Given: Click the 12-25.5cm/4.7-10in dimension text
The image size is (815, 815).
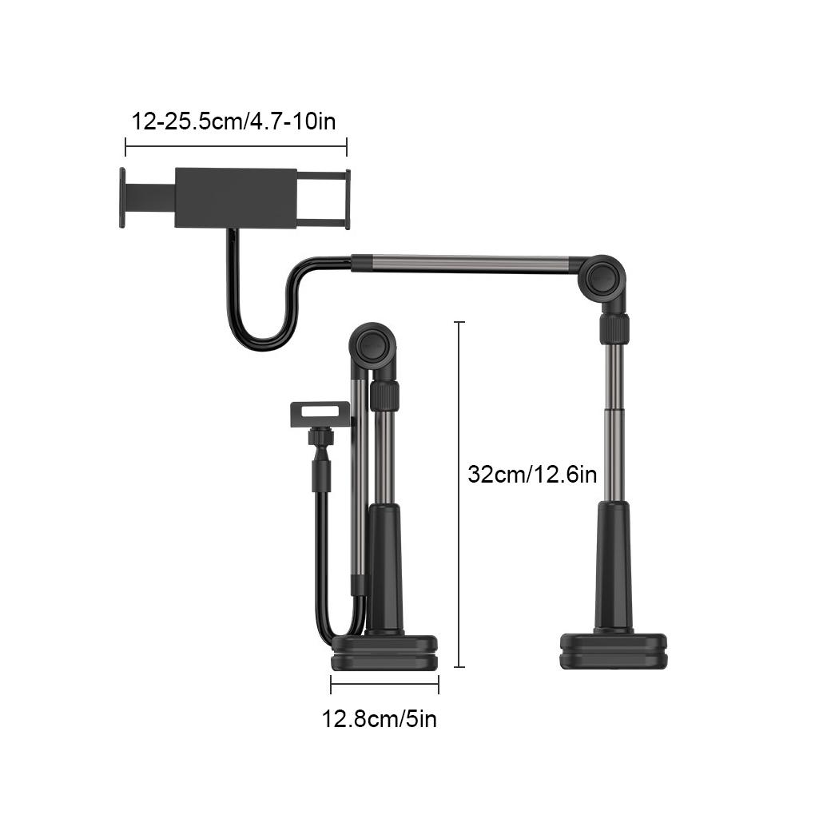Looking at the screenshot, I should pos(233,122).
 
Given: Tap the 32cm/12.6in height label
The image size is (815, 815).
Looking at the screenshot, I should pos(532,474).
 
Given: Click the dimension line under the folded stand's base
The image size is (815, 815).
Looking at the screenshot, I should pos(384,683).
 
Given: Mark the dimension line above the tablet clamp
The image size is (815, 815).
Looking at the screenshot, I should pos(236,146).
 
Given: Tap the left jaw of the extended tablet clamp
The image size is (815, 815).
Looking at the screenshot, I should pos(123,197).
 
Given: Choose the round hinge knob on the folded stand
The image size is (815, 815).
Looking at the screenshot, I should pos(373,346).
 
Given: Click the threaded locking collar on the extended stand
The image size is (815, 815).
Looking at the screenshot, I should pos(614,329).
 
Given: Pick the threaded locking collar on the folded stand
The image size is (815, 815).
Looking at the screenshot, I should pos(384,396).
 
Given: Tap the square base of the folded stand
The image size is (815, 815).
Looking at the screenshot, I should pos(384,653).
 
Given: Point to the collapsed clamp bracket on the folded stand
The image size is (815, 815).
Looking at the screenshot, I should pos(319,415).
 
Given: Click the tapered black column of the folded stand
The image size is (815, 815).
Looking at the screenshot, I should pos(384,567).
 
